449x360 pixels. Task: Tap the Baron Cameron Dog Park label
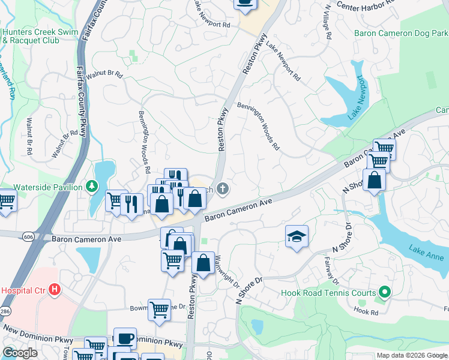click(401, 34)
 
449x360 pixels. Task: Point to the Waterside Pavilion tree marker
click(92, 187)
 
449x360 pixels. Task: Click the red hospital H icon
click(55, 290)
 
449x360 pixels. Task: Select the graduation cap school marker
click(297, 236)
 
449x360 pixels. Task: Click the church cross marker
click(223, 190)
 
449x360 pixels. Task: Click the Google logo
click(20, 353)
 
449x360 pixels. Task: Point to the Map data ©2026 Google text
click(412, 355)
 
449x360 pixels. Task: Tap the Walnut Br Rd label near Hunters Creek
click(103, 76)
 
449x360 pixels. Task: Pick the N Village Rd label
click(328, 22)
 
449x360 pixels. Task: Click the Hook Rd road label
click(366, 311)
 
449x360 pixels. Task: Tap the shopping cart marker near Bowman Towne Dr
click(159, 310)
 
